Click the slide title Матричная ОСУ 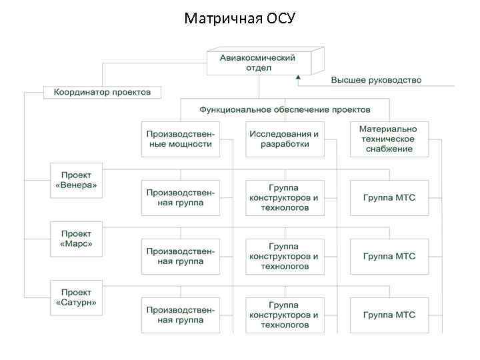click(239, 17)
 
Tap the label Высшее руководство click(376, 81)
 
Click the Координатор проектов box click(102, 92)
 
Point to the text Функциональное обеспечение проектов click(285, 109)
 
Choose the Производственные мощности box click(181, 139)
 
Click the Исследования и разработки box click(285, 139)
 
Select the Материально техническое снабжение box click(389, 139)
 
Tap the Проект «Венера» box click(77, 180)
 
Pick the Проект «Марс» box click(77, 239)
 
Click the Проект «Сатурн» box click(77, 297)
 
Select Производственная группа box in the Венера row click(181, 197)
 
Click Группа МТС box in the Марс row click(389, 256)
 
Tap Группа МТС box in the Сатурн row click(389, 315)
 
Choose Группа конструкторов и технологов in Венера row click(285, 197)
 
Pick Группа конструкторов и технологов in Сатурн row click(285, 315)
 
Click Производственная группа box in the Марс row click(181, 256)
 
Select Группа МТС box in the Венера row click(389, 197)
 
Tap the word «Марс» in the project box click(77, 244)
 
